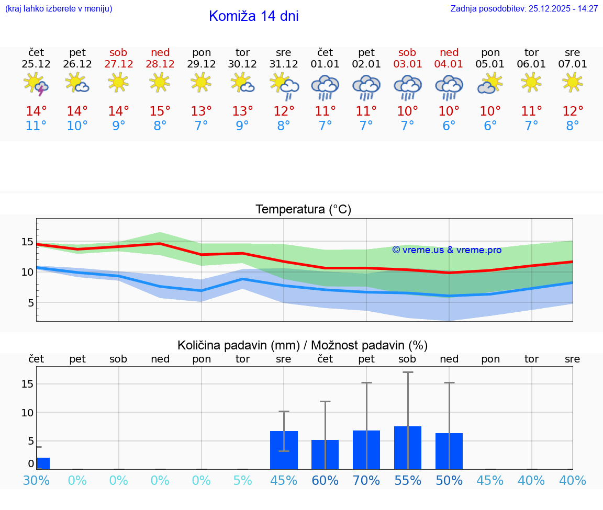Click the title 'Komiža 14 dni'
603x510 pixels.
click(253, 16)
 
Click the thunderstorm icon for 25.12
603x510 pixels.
click(36, 84)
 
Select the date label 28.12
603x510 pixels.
click(160, 64)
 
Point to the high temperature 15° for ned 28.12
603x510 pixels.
click(160, 111)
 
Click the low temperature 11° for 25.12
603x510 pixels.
click(36, 126)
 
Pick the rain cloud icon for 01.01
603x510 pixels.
click(325, 87)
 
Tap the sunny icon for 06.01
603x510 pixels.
click(531, 83)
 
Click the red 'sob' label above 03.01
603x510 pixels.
click(407, 52)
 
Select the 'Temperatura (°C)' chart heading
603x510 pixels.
click(303, 210)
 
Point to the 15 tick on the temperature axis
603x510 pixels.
click(27, 242)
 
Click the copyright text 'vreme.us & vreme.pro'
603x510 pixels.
click(446, 250)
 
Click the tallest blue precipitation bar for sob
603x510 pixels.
click(408, 448)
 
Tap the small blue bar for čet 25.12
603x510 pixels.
click(43, 463)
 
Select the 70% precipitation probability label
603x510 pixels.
click(366, 481)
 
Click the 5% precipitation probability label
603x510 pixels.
click(242, 481)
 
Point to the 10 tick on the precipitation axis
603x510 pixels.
click(27, 413)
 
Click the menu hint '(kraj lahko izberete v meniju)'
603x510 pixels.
click(59, 9)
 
